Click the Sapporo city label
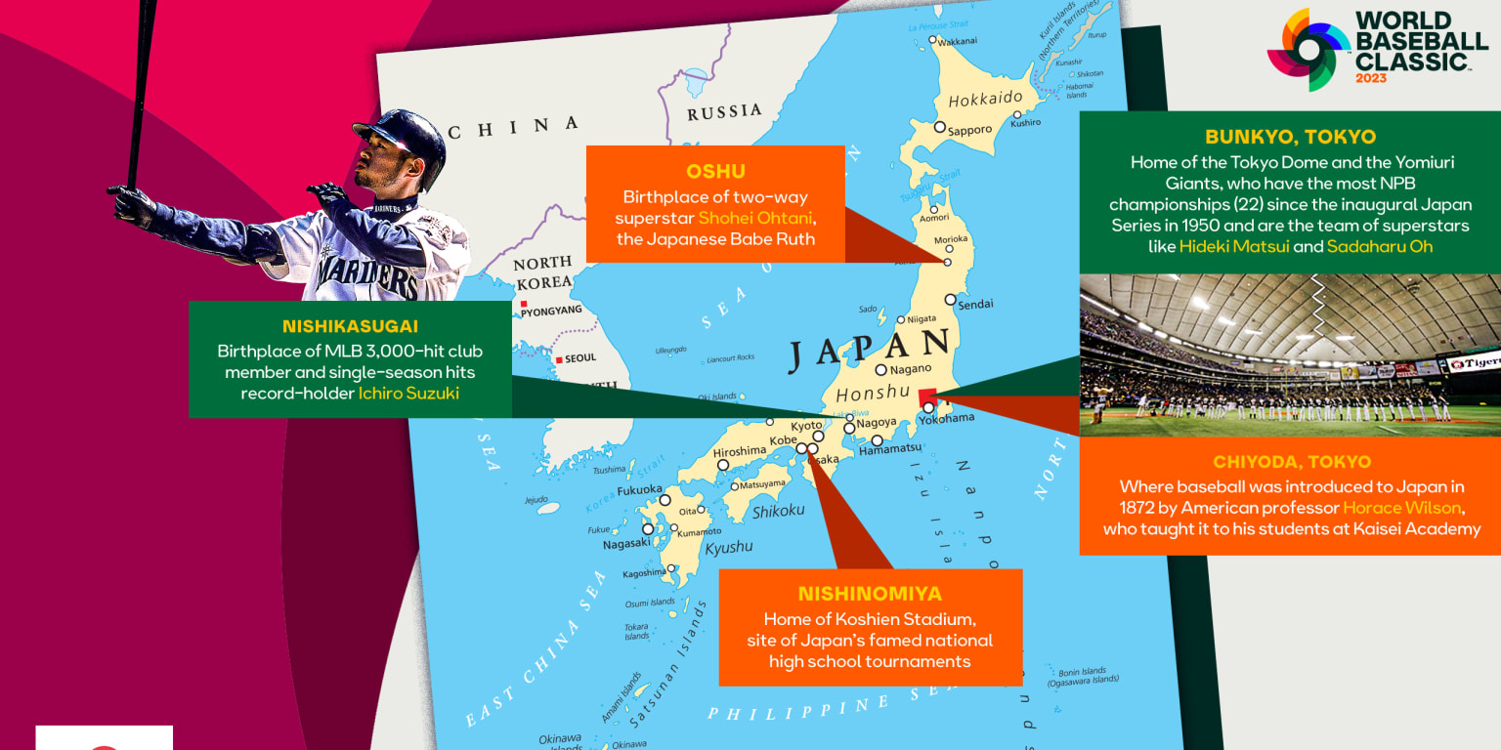tap(969, 130)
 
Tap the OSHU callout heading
tap(714, 172)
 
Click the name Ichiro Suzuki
tap(408, 394)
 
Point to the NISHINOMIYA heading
tap(870, 594)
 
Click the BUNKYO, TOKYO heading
tap(1290, 137)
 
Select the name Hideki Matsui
tap(1234, 246)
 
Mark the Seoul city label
tap(579, 358)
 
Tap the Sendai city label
tap(974, 305)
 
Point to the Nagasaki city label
tap(626, 544)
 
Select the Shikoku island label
tap(778, 511)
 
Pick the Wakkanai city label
tap(957, 42)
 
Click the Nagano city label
tap(910, 369)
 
